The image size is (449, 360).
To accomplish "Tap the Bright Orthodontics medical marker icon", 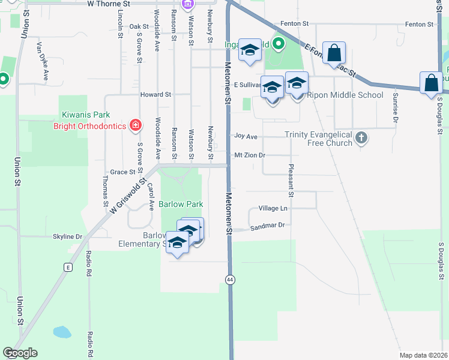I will point(136,125).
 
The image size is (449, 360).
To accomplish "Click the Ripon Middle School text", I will point(345,95).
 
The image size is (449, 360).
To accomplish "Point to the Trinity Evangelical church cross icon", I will point(361,138).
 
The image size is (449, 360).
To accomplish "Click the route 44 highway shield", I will point(230,280).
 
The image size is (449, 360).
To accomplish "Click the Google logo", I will point(20,353).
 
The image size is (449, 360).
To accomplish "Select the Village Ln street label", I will point(273,208).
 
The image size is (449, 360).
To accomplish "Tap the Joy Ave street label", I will point(246,137).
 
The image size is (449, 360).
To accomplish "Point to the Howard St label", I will point(155,95).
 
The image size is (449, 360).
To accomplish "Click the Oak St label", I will point(139,26).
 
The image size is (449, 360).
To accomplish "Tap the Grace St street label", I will point(122,172).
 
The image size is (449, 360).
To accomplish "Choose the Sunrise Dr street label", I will point(396,107).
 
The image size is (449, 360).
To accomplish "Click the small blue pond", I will point(62,331).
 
